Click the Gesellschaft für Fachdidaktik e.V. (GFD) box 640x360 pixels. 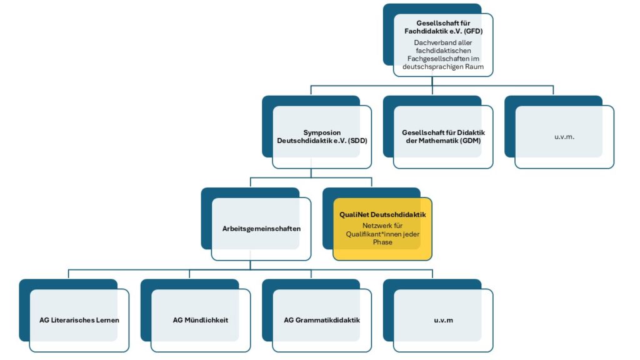click(443, 45)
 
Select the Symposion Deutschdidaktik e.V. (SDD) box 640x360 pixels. click(322, 137)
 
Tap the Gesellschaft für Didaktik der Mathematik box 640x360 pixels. click(443, 137)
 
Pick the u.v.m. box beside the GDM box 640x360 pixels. click(564, 137)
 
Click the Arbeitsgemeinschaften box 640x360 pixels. click(261, 229)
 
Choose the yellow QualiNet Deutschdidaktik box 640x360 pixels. click(382, 229)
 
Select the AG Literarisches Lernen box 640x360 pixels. click(79, 321)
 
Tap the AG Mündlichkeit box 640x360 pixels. click(201, 321)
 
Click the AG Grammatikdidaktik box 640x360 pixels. click(322, 321)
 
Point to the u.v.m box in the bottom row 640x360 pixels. click(443, 321)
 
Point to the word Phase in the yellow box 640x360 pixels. click(382, 242)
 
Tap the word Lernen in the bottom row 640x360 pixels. click(107, 321)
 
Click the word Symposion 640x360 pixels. click(322, 132)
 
